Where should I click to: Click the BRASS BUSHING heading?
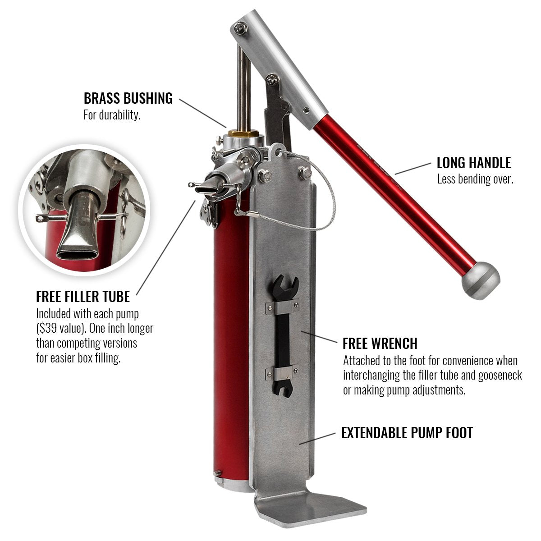click(128, 98)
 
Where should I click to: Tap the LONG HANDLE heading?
click(473, 163)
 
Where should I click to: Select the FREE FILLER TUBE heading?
click(83, 297)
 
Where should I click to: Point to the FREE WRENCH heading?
click(380, 344)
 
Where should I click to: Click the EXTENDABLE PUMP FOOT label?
click(407, 433)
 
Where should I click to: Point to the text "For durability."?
click(112, 115)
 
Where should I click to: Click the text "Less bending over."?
click(475, 179)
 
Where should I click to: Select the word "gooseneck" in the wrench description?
click(500, 376)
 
